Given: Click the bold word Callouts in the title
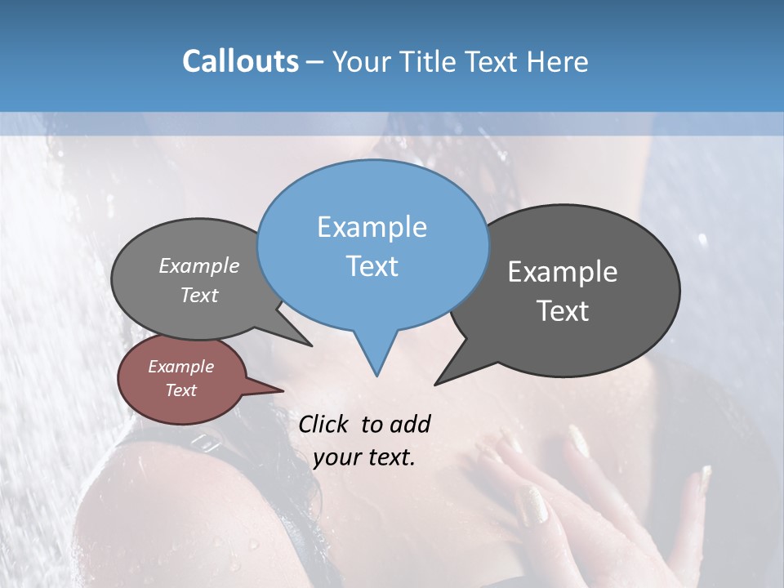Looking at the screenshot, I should (240, 61).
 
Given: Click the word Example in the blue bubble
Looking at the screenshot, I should (372, 227).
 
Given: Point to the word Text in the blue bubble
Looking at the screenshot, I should (372, 266).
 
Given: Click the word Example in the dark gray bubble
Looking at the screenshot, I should (563, 272).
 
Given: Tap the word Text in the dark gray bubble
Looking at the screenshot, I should (563, 311).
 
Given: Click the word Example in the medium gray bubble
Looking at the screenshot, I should (199, 266).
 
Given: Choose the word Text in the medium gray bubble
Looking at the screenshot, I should (199, 296).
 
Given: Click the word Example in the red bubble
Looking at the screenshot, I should (180, 367).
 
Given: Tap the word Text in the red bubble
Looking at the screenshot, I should (180, 390).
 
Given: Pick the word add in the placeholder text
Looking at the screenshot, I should (410, 424).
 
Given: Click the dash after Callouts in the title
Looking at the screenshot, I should (316, 61).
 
